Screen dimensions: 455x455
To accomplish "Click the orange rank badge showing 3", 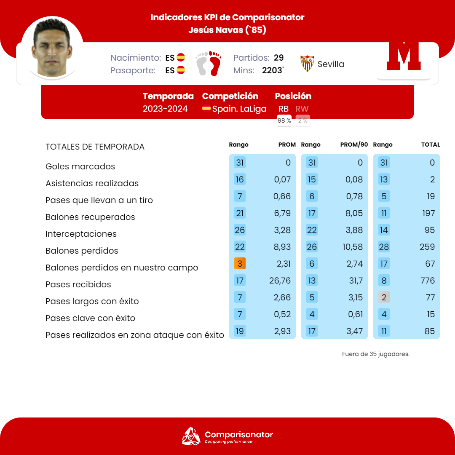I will [x=240, y=264].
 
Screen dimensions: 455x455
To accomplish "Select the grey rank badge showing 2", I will [x=384, y=297].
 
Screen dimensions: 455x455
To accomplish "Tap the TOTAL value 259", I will [x=427, y=247].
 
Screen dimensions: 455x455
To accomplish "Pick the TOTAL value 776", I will [x=427, y=281].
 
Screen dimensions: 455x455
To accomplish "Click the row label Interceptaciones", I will [x=81, y=234].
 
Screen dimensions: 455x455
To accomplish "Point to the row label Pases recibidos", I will [x=78, y=284].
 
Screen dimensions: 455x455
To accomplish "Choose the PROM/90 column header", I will [x=354, y=145].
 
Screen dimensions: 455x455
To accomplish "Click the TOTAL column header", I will [x=431, y=145].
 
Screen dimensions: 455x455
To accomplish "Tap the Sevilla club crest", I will [x=307, y=64].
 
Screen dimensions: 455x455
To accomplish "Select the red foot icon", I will [x=215, y=63].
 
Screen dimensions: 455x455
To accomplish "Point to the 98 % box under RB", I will [x=284, y=121].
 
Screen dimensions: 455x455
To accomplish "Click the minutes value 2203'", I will [x=273, y=70].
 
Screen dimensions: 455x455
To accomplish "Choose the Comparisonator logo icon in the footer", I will [x=191, y=436].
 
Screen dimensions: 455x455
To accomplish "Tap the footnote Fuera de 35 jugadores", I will [x=376, y=354].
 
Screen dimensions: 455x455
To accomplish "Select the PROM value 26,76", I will [x=280, y=281].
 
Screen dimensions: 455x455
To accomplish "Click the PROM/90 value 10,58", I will [x=353, y=247].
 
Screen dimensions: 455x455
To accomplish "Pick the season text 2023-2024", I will [x=165, y=109].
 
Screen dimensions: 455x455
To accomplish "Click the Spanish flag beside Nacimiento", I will [x=181, y=58].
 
